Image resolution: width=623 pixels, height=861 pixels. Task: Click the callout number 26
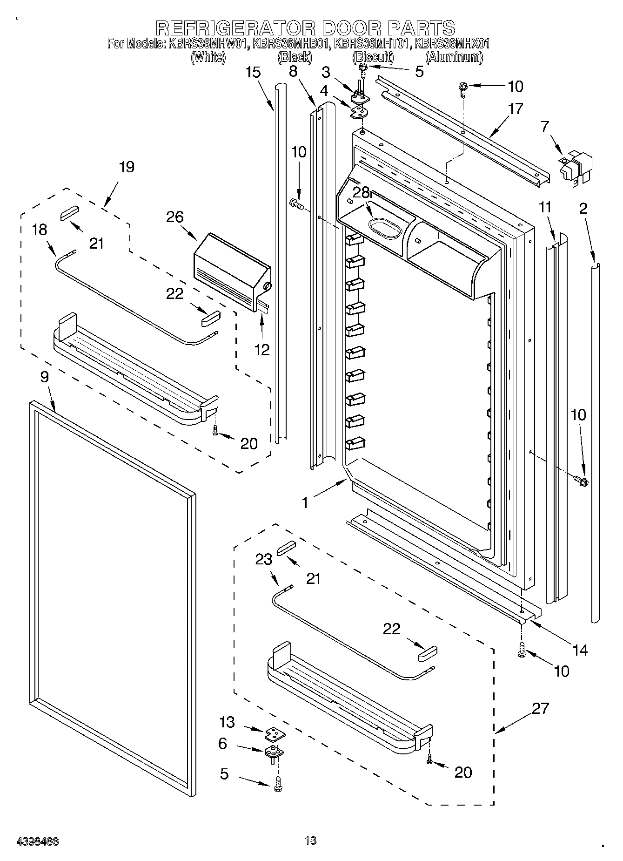point(176,217)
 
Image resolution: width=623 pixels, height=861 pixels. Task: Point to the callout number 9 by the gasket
point(44,377)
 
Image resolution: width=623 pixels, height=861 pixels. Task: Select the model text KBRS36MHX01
point(452,44)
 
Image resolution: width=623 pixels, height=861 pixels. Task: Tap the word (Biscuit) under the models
point(373,57)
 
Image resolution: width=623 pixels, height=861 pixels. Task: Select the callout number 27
point(540,708)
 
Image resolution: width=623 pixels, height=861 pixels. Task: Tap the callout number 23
point(263,559)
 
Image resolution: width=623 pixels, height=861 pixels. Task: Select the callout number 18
point(40,230)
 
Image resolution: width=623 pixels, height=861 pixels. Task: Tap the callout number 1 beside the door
point(305,502)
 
